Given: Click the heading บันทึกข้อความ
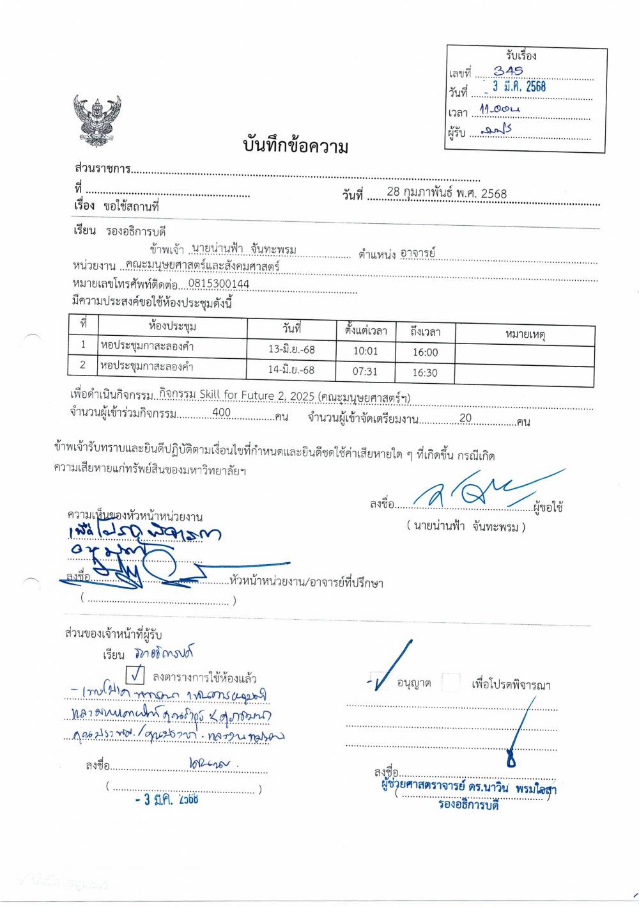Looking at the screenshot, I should point(295,147).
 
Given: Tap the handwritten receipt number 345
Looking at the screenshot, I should point(508,71).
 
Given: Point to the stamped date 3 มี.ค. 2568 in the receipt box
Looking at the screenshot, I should point(519,87).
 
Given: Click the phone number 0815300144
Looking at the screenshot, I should point(219,284).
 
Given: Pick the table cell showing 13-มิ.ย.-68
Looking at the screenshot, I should point(291,350).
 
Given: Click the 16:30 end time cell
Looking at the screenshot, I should point(424,372).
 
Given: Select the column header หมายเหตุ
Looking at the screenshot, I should point(525,334).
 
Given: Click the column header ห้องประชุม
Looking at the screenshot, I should point(172,327).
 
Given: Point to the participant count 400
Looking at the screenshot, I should point(221,413).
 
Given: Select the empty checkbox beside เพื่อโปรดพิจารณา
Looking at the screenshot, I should point(451,682).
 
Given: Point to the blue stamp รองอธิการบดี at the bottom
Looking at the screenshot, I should point(468,805).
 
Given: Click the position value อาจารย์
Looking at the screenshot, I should point(417,253).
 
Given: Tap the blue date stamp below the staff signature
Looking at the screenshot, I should point(167,799).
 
